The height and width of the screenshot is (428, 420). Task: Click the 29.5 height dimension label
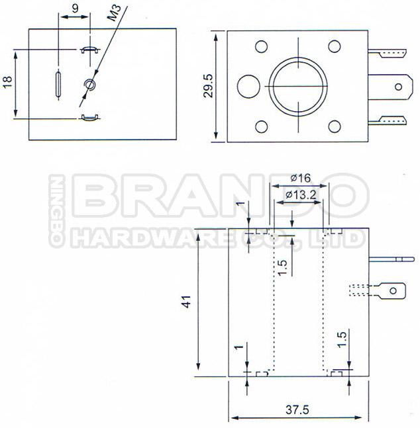tap(209, 86)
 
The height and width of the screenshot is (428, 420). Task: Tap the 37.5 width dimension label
tap(297, 409)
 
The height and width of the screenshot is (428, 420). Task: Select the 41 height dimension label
tap(187, 302)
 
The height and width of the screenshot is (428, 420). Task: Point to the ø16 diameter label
tap(301, 178)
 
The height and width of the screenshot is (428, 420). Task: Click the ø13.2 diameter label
tap(301, 195)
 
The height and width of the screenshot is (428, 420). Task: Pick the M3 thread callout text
tap(114, 13)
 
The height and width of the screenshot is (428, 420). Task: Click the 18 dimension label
tap(8, 82)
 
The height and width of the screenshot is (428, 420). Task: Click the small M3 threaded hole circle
tap(89, 84)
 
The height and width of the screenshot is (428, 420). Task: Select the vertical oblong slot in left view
tap(58, 84)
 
